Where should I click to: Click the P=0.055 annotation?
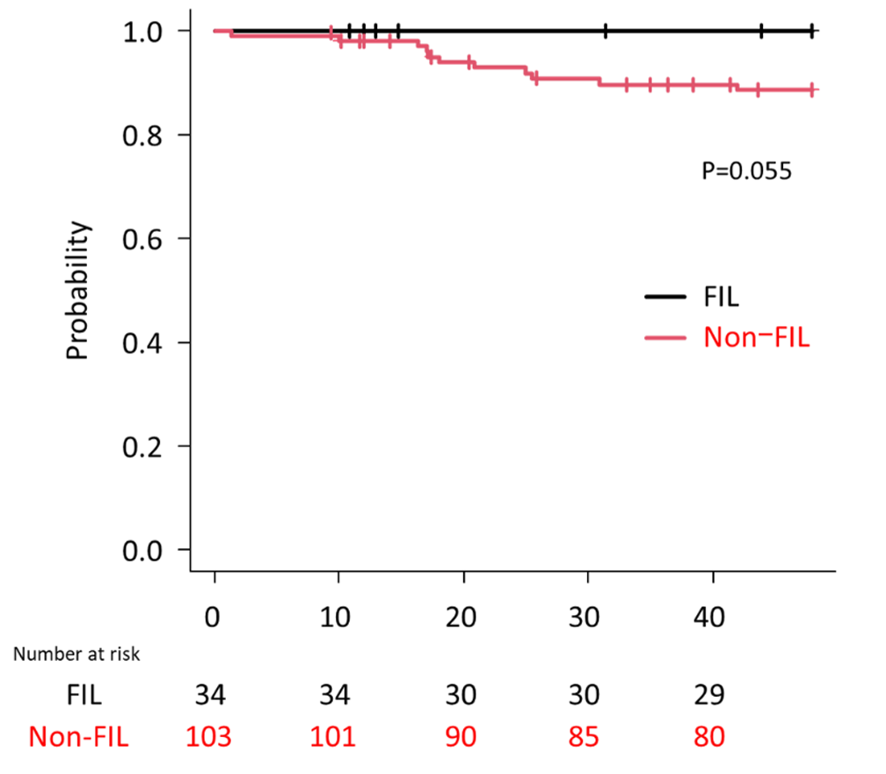746,171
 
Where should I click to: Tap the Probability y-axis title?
78,291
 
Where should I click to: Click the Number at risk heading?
76,654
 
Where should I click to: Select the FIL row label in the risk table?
84,697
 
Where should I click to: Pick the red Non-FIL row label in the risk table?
79,736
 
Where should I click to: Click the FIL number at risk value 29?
709,697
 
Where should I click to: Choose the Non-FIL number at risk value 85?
585,736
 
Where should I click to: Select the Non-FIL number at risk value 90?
461,736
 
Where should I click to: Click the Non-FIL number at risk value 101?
335,736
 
